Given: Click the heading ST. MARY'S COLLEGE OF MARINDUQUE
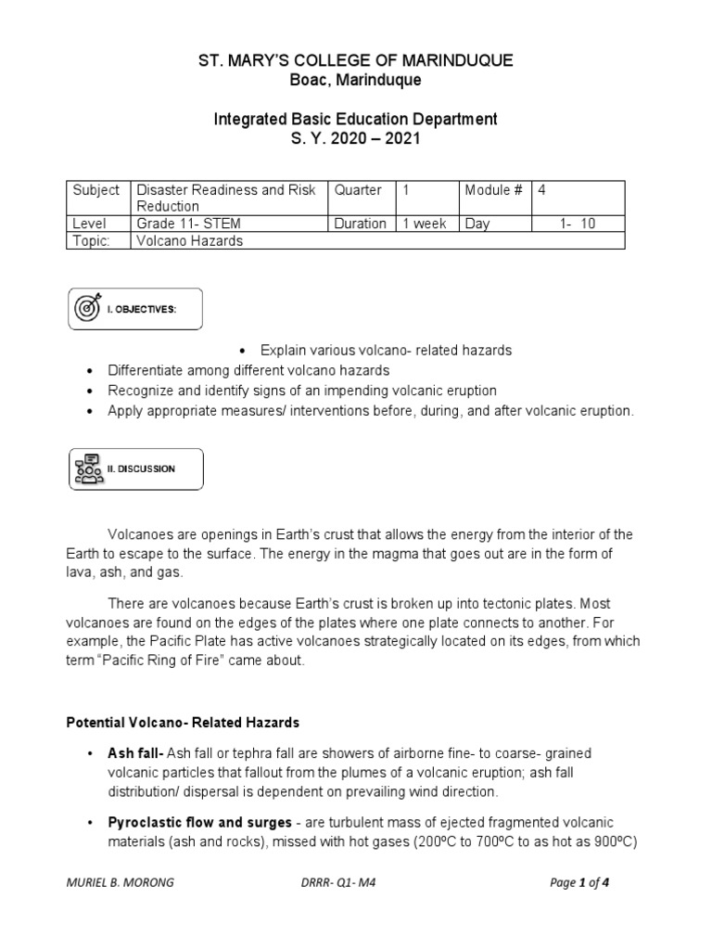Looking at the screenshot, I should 356,61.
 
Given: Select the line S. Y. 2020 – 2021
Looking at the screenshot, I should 356,138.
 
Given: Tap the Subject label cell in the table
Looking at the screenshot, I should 96,190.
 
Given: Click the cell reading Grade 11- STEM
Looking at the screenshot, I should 180,224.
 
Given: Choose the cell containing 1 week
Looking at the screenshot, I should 424,224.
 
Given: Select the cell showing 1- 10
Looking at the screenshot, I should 578,224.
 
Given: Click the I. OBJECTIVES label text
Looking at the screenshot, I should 145,310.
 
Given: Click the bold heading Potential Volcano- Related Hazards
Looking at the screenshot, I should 183,722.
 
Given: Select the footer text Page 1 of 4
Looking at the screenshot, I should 579,884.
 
